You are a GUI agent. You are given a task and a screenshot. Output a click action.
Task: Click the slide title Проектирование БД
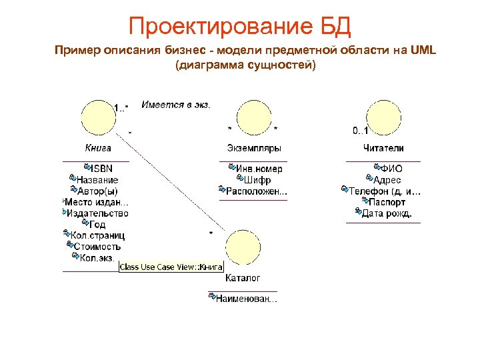[239, 27]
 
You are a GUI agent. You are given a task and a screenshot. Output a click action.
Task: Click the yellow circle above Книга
[98, 119]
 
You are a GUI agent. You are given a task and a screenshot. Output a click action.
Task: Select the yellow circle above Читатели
[383, 119]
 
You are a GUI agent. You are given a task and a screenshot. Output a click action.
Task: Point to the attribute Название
[97, 179]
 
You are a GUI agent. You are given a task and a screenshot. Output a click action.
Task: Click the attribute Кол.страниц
[97, 235]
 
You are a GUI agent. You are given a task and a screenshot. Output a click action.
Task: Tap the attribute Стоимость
[97, 247]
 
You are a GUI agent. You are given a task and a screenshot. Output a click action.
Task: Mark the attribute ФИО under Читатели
[391, 169]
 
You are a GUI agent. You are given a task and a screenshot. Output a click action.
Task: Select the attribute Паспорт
[387, 202]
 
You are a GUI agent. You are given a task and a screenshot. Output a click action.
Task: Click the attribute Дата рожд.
[387, 213]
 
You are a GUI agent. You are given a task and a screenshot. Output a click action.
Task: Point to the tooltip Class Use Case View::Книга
[171, 267]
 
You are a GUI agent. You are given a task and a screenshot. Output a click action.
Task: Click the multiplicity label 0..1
[361, 130]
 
